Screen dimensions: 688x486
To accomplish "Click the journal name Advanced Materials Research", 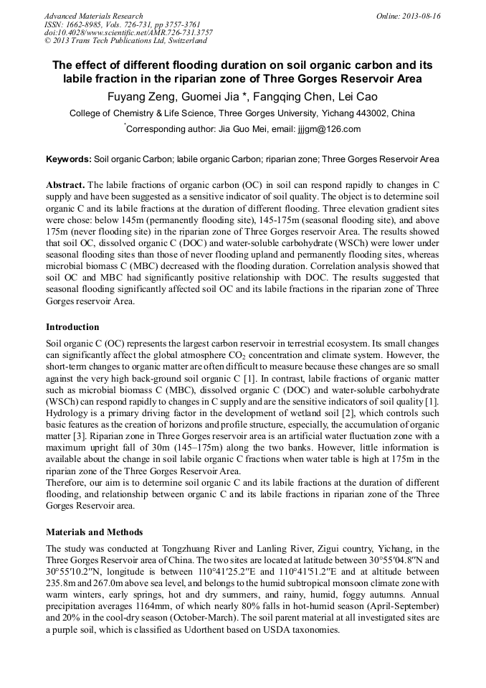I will point(93,16).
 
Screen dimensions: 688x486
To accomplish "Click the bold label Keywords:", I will point(68,159).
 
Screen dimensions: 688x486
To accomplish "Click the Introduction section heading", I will point(72,326).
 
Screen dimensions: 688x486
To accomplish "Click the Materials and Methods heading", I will point(94,532).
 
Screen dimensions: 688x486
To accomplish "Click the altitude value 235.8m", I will point(61,583).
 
